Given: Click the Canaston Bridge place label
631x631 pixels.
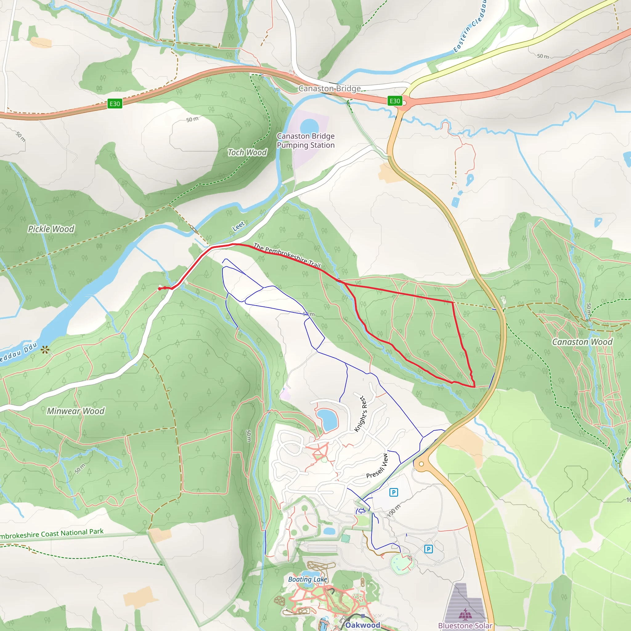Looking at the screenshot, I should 330,88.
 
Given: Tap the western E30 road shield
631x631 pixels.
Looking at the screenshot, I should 115,104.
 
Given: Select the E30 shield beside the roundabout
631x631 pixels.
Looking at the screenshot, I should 395,101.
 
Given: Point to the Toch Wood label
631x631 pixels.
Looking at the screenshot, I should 247,153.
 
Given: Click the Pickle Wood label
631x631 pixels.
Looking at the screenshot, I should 51,229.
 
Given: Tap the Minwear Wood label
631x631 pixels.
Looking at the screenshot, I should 76,411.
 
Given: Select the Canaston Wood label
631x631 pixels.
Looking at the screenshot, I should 582,342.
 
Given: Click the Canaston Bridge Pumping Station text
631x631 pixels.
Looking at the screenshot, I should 306,140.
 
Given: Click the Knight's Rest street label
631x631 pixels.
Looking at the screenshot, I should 361,414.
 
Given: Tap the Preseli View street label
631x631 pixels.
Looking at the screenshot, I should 377,466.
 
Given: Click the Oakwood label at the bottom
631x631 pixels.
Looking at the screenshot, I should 363,625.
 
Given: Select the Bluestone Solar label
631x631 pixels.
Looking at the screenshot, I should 465,625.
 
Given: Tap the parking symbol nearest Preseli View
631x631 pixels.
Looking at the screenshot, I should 393,492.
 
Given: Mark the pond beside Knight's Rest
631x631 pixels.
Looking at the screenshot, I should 327,420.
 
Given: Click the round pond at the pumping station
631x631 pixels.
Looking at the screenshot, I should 309,126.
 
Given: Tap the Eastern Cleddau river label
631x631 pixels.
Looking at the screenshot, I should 470,26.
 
